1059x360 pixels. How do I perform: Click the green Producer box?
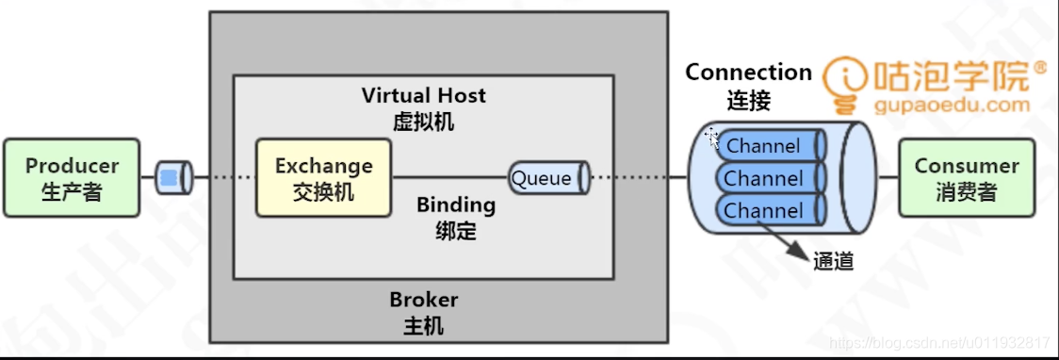(x=72, y=177)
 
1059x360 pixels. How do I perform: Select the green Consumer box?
(x=967, y=177)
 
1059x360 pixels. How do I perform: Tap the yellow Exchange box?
(x=323, y=177)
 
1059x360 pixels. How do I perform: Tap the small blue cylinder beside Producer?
(x=173, y=177)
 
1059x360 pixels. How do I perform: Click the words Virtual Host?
(x=424, y=95)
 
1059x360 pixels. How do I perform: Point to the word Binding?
(x=456, y=205)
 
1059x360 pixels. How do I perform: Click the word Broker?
(x=424, y=300)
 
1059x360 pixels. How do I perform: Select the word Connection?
(x=748, y=73)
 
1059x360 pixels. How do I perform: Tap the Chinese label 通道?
(x=834, y=262)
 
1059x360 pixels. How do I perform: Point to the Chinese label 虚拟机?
(x=424, y=121)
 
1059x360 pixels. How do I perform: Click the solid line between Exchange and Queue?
(x=449, y=177)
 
